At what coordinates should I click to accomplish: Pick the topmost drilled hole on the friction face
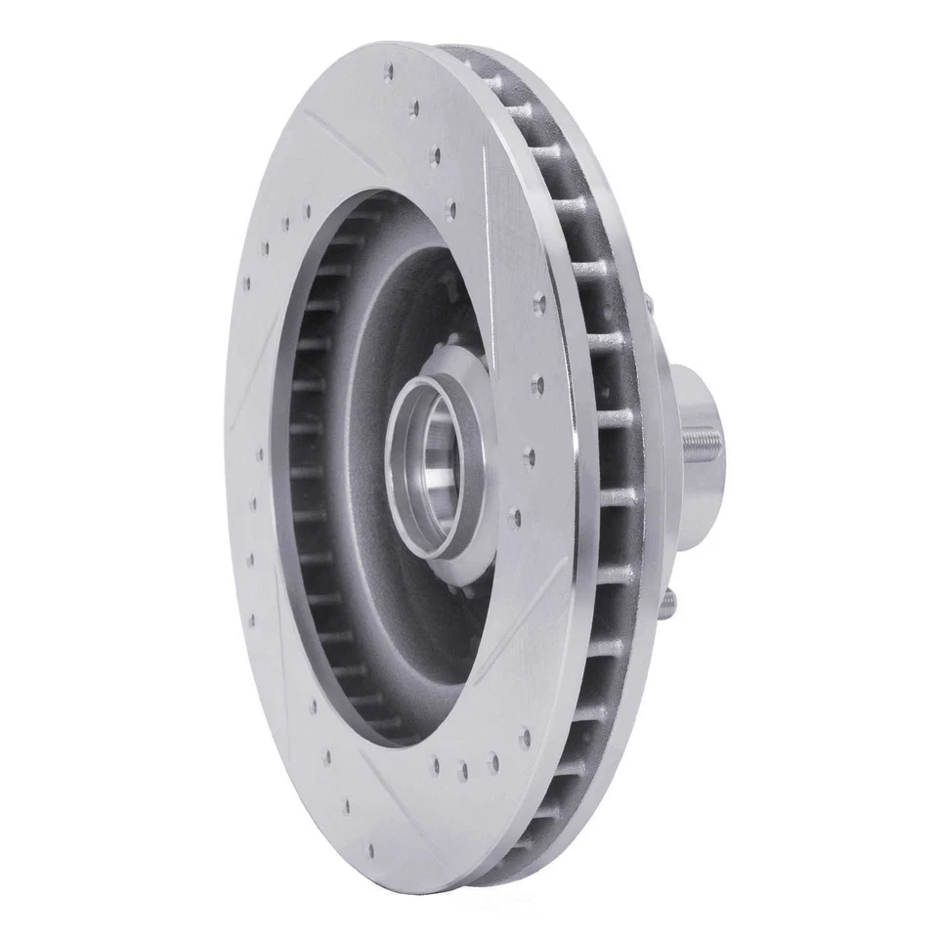(x=390, y=71)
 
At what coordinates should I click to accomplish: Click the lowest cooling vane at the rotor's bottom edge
(x=508, y=860)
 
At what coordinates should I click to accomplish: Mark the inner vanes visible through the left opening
(x=308, y=469)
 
